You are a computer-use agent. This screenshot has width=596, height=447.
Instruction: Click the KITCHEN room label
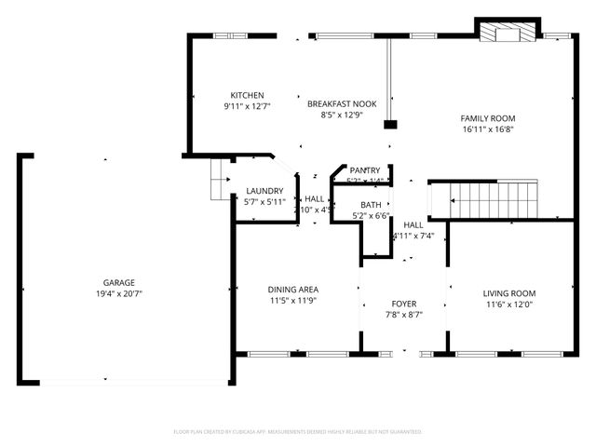(248, 95)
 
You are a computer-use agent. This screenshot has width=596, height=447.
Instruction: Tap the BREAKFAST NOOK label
(342, 104)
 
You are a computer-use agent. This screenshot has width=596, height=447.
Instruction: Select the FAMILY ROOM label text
(488, 118)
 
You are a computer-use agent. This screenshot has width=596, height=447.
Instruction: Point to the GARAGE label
(119, 282)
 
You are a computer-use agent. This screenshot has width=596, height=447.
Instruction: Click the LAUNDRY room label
(264, 191)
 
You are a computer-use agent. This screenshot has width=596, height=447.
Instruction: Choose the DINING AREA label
(293, 290)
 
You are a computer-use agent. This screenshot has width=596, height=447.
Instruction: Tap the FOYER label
(404, 304)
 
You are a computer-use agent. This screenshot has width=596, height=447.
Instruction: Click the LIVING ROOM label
(509, 293)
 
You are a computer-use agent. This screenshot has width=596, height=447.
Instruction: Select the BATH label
(371, 205)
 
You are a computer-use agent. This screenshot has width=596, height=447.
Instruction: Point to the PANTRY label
(365, 170)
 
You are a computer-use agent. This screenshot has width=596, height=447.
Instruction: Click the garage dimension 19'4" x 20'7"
(119, 293)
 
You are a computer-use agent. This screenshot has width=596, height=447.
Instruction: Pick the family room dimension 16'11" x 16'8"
(488, 129)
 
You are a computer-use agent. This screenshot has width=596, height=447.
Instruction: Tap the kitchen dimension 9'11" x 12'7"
(248, 106)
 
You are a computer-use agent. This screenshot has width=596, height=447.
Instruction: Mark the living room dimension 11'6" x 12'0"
(509, 305)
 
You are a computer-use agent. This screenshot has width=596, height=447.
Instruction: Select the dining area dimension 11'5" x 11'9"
(293, 301)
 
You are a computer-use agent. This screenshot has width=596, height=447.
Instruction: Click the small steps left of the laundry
(219, 177)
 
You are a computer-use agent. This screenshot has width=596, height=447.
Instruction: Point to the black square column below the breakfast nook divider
(390, 124)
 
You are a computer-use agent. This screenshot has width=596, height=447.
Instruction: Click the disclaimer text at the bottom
(298, 432)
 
